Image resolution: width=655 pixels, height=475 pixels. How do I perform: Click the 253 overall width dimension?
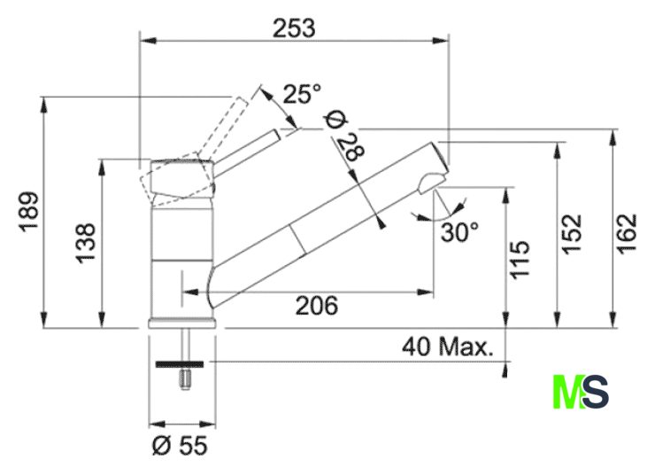pyautogui.click(x=294, y=28)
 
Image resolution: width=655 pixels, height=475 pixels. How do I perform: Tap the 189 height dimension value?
pyautogui.click(x=29, y=211)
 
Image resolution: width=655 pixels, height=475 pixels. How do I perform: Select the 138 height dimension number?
pyautogui.click(x=86, y=244)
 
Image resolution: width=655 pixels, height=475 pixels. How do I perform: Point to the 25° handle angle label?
pyautogui.click(x=303, y=93)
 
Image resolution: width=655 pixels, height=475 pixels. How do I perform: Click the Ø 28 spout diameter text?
pyautogui.click(x=345, y=136)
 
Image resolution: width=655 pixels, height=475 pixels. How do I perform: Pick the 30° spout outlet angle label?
pyautogui.click(x=459, y=232)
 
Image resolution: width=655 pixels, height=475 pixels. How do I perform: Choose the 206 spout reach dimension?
pyautogui.click(x=317, y=305)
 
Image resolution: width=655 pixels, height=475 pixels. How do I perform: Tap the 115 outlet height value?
pyautogui.click(x=520, y=260)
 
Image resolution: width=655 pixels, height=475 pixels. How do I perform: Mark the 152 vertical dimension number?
pyautogui.click(x=572, y=234)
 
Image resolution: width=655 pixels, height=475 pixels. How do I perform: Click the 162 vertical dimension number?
pyautogui.click(x=628, y=234)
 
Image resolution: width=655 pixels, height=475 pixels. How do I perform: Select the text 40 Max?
pyautogui.click(x=448, y=347)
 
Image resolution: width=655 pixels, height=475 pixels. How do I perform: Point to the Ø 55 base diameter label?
pyautogui.click(x=180, y=445)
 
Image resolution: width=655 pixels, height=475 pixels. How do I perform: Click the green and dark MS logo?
pyautogui.click(x=581, y=392)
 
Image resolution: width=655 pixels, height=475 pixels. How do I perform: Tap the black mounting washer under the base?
pyautogui.click(x=180, y=364)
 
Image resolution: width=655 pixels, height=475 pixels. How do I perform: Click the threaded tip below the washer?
pyautogui.click(x=185, y=378)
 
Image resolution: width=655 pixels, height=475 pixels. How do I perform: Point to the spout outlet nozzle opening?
pyautogui.click(x=432, y=182)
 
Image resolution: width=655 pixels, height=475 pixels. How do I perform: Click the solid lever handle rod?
pyautogui.click(x=247, y=148)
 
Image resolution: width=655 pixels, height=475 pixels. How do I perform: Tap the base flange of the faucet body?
pyautogui.click(x=182, y=323)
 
